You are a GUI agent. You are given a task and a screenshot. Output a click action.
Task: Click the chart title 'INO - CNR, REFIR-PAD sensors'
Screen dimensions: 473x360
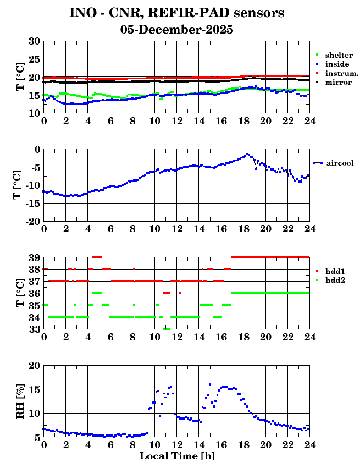(x=176, y=13)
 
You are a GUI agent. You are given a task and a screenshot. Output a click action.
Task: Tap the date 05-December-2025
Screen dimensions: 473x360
(x=176, y=30)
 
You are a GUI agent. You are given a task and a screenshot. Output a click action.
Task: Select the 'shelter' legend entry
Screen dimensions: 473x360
(x=339, y=56)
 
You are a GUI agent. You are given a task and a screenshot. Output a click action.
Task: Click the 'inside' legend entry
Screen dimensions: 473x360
(x=337, y=64)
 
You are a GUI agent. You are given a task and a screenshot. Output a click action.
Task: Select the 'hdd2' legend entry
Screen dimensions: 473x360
(x=335, y=280)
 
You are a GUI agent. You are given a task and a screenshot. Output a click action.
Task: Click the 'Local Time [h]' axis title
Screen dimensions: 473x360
(x=176, y=456)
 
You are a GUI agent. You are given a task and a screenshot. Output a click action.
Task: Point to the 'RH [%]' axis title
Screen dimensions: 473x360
(x=20, y=402)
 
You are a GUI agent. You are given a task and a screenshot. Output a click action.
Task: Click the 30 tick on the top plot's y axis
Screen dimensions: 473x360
(x=34, y=41)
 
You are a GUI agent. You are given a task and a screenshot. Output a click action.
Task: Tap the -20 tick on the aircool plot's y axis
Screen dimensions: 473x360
(x=32, y=221)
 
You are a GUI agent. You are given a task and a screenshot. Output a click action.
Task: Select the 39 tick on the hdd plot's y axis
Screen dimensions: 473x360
(x=34, y=257)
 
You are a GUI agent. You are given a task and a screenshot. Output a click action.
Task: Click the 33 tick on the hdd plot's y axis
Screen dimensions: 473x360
(x=34, y=329)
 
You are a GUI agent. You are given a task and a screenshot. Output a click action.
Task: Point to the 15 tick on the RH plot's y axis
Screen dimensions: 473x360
(x=34, y=389)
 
